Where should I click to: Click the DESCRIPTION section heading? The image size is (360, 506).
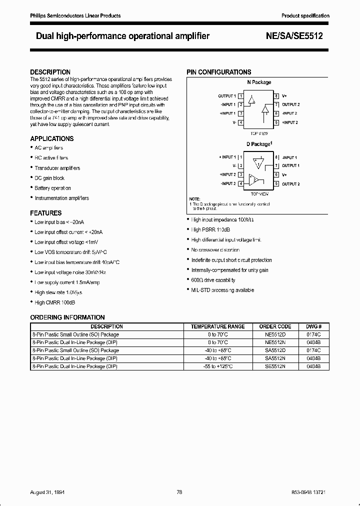(50, 72)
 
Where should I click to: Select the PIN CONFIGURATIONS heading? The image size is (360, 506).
(219, 72)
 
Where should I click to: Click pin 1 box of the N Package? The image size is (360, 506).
(241, 96)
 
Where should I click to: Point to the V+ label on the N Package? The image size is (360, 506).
(284, 96)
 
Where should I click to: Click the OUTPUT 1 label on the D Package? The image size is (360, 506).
(290, 165)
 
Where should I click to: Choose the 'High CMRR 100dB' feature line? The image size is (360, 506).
(55, 302)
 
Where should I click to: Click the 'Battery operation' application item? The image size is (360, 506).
(52, 188)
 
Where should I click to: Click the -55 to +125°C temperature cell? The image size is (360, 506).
(217, 366)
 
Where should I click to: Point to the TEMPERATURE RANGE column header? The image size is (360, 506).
(217, 326)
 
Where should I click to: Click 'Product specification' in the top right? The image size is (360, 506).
(305, 16)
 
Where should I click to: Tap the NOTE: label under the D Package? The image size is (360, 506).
(194, 199)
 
